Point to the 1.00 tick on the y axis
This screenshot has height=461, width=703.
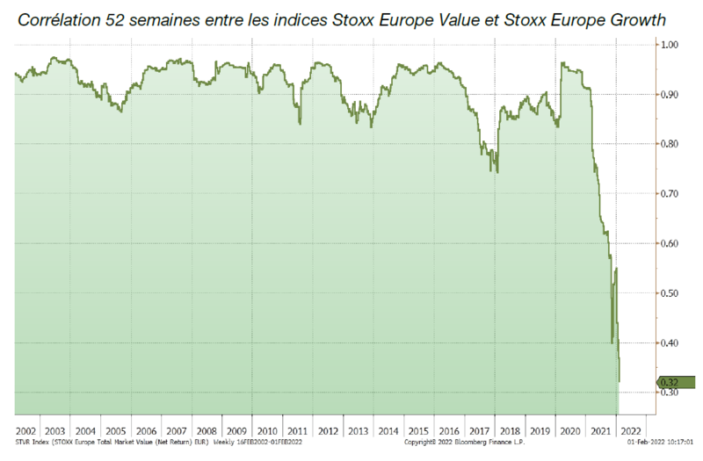click(x=670, y=45)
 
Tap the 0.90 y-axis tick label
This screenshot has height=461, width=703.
click(x=670, y=95)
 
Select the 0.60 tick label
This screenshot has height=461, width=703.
click(x=670, y=243)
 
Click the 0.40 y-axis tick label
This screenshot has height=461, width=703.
click(x=670, y=342)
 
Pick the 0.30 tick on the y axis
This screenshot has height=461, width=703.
click(x=670, y=393)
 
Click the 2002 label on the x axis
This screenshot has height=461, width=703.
click(x=26, y=432)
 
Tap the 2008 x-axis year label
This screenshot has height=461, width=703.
click(x=208, y=432)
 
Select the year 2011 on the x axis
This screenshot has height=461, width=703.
click(x=299, y=432)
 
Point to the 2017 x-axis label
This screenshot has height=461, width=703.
click(x=480, y=432)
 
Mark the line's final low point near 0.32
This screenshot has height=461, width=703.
click(x=620, y=381)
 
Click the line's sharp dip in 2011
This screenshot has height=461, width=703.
click(x=301, y=123)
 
